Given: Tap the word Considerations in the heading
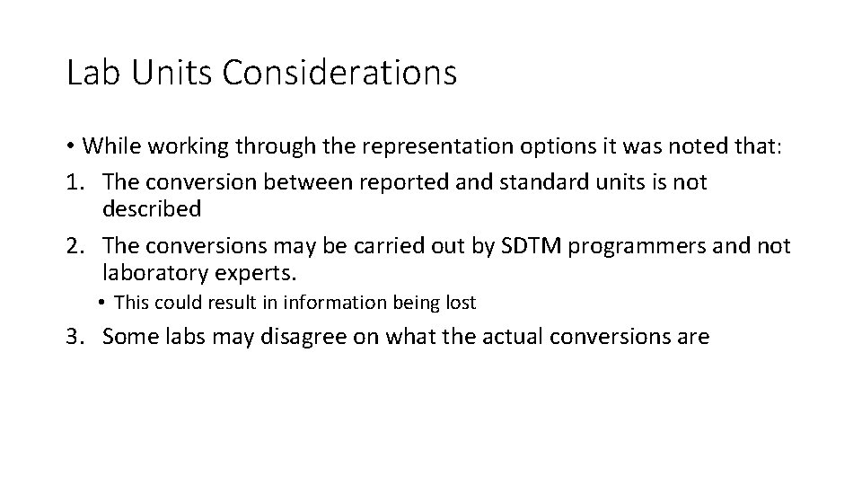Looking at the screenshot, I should [340, 73].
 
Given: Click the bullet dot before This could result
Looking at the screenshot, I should [105, 304].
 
